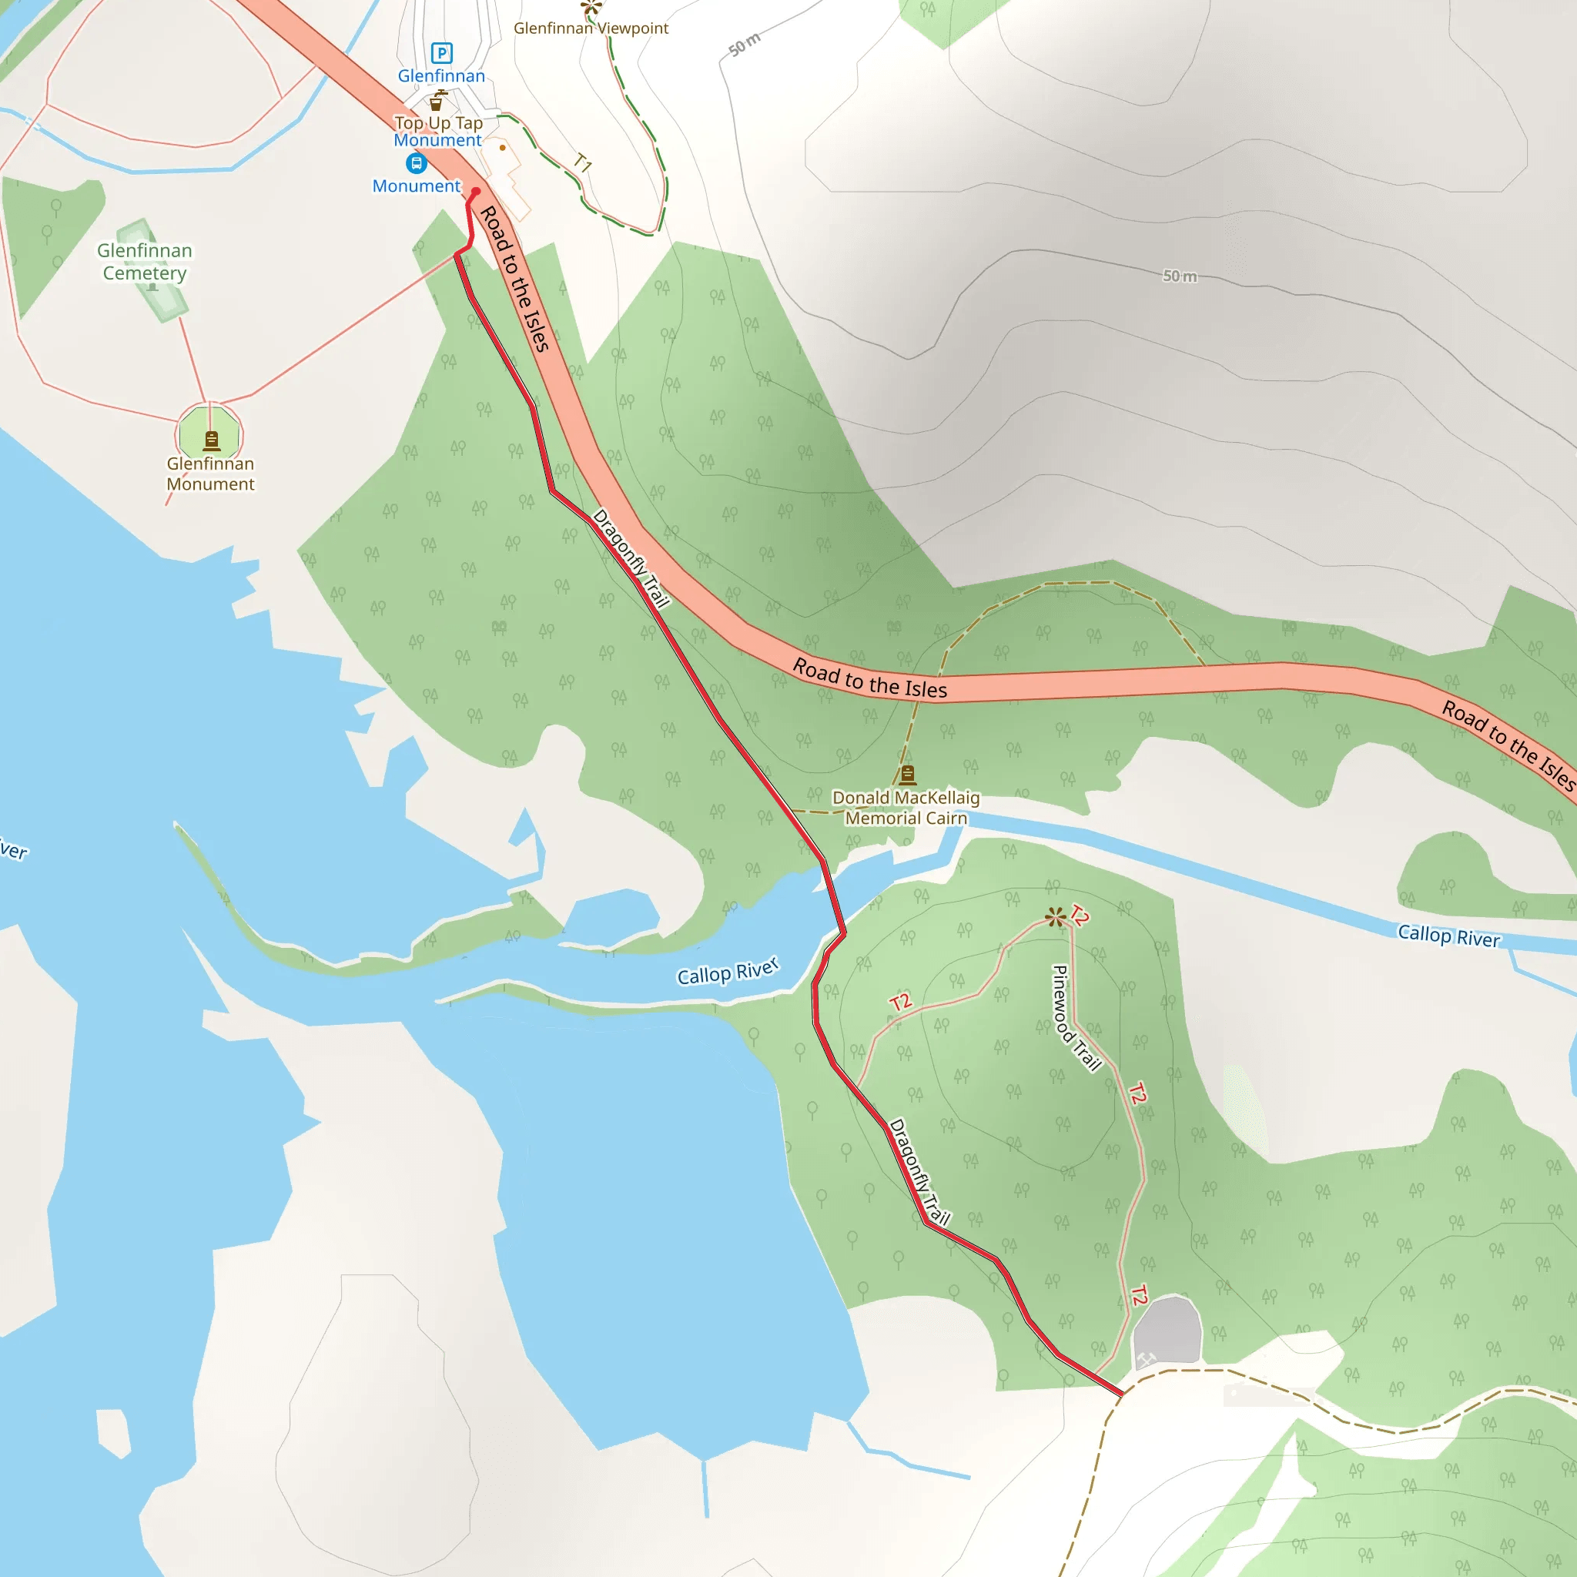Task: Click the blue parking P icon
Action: click(441, 53)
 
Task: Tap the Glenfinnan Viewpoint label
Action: click(591, 28)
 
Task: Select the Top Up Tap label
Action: click(438, 123)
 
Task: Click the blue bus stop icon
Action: click(417, 163)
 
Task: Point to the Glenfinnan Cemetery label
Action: click(145, 261)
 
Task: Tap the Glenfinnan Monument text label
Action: click(210, 474)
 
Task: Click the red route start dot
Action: click(476, 192)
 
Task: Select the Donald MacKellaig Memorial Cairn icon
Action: click(907, 774)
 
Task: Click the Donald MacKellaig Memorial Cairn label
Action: click(906, 807)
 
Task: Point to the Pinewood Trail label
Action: click(1076, 1017)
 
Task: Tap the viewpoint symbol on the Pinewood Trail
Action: click(1056, 916)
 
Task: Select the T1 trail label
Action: click(583, 162)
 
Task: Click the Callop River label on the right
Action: click(1449, 936)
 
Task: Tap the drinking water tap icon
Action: click(437, 100)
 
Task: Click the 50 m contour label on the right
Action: click(1180, 276)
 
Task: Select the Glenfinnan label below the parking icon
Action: click(440, 76)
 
